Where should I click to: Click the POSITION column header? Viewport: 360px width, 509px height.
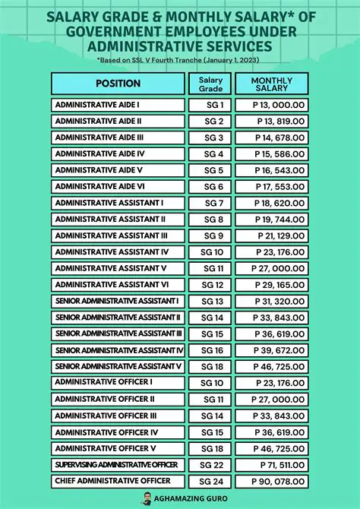click(x=118, y=84)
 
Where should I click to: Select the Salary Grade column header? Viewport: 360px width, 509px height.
click(x=210, y=84)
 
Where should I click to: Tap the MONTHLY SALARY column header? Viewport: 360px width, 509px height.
click(x=271, y=84)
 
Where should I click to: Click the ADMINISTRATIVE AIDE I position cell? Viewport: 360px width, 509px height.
click(x=118, y=105)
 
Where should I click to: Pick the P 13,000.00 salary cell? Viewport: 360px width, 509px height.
click(x=271, y=105)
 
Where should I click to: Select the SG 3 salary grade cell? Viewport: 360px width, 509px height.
click(x=210, y=138)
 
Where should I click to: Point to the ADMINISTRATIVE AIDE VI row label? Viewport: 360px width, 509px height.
click(x=118, y=186)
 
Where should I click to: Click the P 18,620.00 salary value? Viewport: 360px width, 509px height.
click(x=271, y=203)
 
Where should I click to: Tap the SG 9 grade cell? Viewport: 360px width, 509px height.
click(x=210, y=236)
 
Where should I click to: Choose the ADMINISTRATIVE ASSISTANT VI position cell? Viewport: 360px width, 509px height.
click(x=118, y=285)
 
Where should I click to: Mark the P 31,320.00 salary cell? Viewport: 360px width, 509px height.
click(x=271, y=301)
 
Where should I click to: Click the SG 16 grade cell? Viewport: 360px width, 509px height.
click(x=210, y=350)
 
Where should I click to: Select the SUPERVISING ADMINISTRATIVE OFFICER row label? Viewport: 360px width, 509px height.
click(x=118, y=465)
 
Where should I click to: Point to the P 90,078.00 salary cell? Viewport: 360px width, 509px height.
click(x=271, y=481)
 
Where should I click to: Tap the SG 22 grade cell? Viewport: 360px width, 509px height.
click(x=210, y=465)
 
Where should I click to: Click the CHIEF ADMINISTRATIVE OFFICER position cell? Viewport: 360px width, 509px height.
click(x=118, y=481)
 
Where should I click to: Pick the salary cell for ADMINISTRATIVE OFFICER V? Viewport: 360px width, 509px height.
click(x=271, y=448)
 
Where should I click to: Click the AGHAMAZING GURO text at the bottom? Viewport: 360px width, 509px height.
click(x=188, y=498)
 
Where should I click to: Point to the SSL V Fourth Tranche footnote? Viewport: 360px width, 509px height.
click(x=179, y=58)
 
